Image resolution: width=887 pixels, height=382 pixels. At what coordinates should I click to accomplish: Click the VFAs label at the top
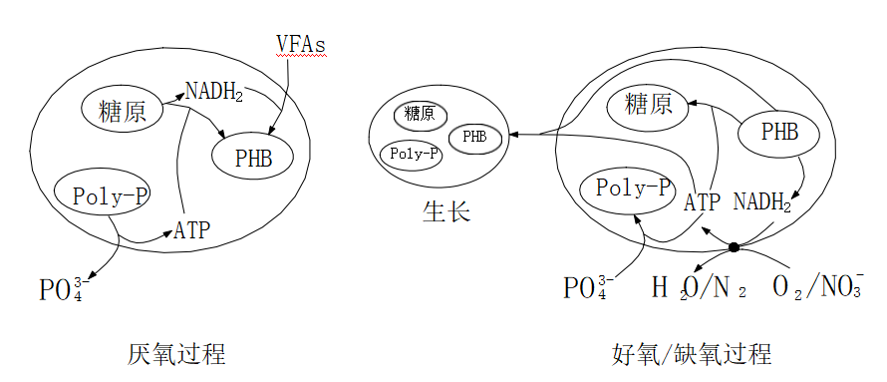tap(301, 45)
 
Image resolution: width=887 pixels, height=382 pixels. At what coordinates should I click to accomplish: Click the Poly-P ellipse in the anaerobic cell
tap(103, 195)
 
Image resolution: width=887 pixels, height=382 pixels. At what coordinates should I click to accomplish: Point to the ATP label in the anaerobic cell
tap(192, 231)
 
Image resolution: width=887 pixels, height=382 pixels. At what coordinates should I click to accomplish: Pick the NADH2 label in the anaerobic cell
tap(213, 93)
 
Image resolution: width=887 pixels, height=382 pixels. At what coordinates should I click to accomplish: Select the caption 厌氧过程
tap(175, 354)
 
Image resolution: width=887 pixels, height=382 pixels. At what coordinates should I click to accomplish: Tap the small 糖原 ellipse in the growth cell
tap(420, 114)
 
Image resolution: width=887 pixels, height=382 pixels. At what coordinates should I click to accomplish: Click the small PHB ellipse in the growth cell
tap(474, 137)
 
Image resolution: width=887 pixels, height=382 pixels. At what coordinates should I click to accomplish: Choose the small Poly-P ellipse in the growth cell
tap(412, 154)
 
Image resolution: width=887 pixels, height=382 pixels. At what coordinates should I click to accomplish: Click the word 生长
tap(445, 213)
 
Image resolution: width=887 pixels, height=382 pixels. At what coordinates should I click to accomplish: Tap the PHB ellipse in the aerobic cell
tap(779, 132)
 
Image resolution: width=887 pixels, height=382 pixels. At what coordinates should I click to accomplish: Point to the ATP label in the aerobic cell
tap(702, 203)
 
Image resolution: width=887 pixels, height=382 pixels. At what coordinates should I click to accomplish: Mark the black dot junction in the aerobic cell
tap(734, 246)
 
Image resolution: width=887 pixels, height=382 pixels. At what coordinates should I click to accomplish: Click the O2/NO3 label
tap(817, 287)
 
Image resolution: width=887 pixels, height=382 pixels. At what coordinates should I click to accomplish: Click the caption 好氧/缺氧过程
tap(692, 354)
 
